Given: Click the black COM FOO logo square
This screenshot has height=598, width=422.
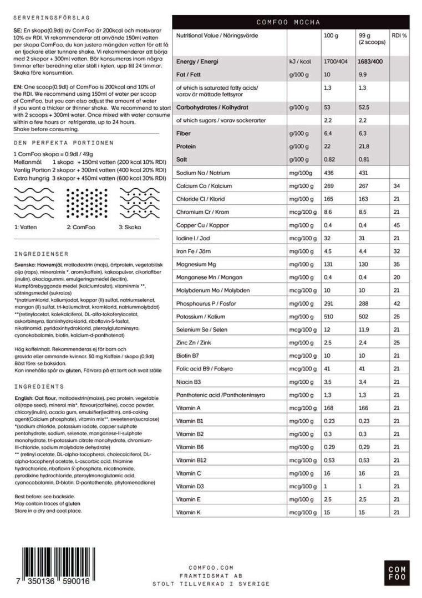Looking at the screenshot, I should pos(396,573).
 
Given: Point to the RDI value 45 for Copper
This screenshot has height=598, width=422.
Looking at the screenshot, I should pos(396,225).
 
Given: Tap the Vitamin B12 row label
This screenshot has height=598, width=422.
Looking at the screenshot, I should pos(192,460).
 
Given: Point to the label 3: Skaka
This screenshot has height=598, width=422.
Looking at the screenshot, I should pos(129,227).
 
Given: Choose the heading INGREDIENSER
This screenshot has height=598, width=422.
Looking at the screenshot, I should pos(42,254).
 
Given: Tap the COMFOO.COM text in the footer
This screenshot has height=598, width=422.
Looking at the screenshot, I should pos(211,568).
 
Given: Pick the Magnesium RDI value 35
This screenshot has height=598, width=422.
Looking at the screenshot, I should pos(396,264).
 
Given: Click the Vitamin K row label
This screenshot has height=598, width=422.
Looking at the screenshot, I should pos(189,513).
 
